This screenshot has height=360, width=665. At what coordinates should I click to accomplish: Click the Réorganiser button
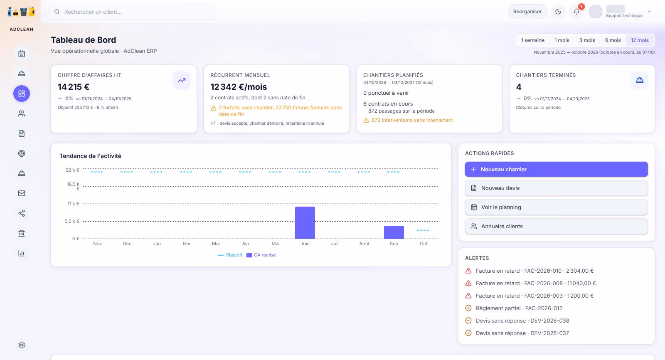click(527, 12)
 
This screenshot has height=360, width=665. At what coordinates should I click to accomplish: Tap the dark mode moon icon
click(558, 12)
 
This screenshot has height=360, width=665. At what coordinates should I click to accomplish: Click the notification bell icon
click(576, 12)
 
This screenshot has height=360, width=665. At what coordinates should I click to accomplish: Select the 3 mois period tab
click(587, 40)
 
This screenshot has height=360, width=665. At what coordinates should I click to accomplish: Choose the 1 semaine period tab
click(532, 40)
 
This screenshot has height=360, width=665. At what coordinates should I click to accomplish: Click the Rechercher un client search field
click(132, 12)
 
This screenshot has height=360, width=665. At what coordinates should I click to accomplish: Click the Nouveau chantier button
click(557, 169)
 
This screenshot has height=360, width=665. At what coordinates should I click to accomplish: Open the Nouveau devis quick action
click(557, 188)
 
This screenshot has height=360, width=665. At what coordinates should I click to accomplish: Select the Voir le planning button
click(557, 207)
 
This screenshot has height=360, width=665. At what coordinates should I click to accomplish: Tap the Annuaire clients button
click(557, 226)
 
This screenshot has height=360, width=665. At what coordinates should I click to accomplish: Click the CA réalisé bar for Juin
click(305, 223)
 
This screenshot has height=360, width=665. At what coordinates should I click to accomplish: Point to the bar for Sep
click(394, 232)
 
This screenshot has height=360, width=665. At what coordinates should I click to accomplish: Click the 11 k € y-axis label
click(73, 204)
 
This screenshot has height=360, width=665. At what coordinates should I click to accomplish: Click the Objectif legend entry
click(230, 255)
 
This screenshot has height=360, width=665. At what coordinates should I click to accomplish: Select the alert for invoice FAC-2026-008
click(530, 283)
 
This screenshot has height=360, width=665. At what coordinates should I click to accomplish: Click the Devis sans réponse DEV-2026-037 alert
click(517, 333)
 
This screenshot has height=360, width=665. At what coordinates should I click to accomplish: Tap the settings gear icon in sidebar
click(22, 345)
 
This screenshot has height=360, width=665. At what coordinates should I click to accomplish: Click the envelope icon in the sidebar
click(22, 193)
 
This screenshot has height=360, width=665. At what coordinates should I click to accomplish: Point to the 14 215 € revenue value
click(74, 87)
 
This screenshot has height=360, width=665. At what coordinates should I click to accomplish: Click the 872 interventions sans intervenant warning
click(408, 120)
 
